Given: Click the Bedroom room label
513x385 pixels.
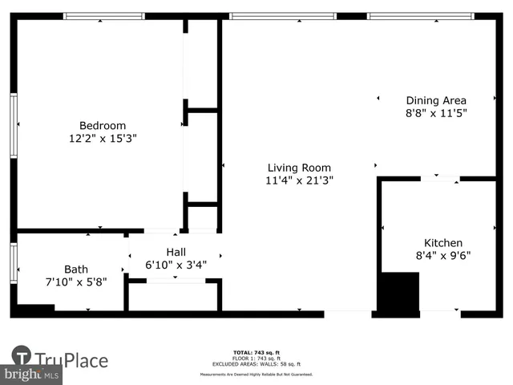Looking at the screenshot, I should pyautogui.click(x=103, y=125).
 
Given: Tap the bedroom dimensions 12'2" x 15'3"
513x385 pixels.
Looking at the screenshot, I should pyautogui.click(x=103, y=138).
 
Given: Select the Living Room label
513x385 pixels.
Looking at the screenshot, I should pyautogui.click(x=299, y=168).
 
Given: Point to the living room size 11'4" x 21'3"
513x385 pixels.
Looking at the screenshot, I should pyautogui.click(x=299, y=180).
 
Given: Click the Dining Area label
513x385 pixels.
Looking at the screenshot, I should pyautogui.click(x=436, y=100).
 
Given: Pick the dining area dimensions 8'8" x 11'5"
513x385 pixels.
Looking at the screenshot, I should pyautogui.click(x=436, y=113).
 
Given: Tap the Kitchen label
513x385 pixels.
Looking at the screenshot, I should pyautogui.click(x=442, y=243).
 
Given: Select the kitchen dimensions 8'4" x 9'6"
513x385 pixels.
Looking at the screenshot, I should pyautogui.click(x=442, y=256).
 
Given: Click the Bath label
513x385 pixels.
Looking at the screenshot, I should pyautogui.click(x=76, y=269).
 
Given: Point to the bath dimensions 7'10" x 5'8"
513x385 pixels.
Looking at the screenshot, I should pyautogui.click(x=76, y=282).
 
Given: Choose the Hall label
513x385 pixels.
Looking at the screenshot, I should pyautogui.click(x=176, y=251).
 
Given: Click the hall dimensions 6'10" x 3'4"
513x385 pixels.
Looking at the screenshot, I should pyautogui.click(x=176, y=264).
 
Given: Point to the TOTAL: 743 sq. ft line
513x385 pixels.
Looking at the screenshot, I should pyautogui.click(x=256, y=352).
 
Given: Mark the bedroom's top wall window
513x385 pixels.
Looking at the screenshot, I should pyautogui.click(x=103, y=16).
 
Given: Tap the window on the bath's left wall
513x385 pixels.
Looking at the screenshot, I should pyautogui.click(x=14, y=263).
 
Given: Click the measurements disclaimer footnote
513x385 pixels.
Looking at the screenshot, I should pyautogui.click(x=256, y=375).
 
